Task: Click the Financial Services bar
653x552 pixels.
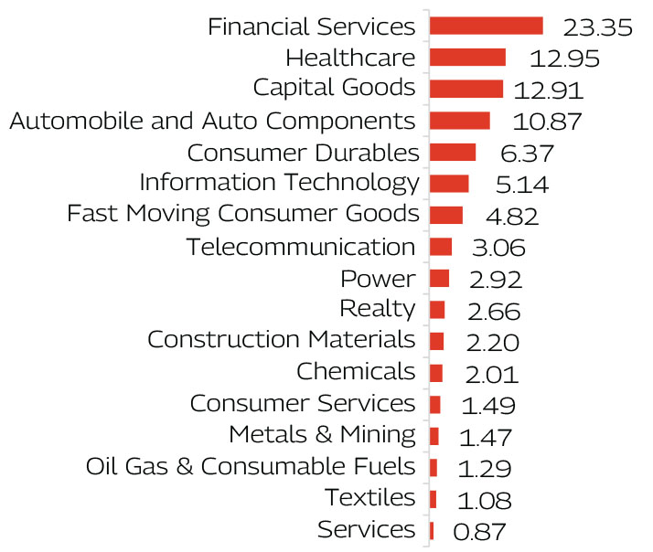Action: click(486, 26)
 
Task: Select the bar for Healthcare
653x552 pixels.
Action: click(467, 58)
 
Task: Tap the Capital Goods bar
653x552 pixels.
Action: click(466, 89)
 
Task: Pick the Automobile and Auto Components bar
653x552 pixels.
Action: click(460, 121)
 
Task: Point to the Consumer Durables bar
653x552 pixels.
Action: click(453, 152)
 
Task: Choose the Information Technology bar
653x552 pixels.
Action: click(449, 184)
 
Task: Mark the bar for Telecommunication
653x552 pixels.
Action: click(441, 247)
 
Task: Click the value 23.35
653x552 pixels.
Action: click(598, 27)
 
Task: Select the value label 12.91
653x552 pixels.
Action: click(548, 90)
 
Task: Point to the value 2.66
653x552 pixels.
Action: click(493, 312)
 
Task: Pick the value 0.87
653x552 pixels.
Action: click(479, 532)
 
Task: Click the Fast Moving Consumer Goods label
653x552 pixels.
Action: click(243, 215)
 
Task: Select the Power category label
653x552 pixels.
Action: click(377, 279)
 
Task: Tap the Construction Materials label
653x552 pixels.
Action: click(281, 340)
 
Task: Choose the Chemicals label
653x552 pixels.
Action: click(356, 372)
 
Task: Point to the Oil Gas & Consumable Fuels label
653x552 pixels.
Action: click(250, 467)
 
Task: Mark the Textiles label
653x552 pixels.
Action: click(369, 498)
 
